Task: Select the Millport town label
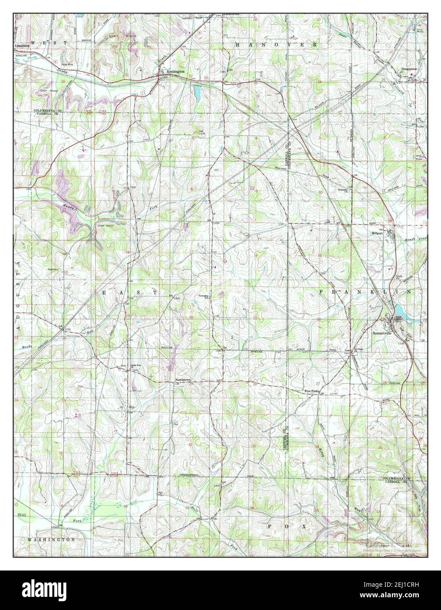tap(378, 233)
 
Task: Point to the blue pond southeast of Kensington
tap(196, 92)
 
